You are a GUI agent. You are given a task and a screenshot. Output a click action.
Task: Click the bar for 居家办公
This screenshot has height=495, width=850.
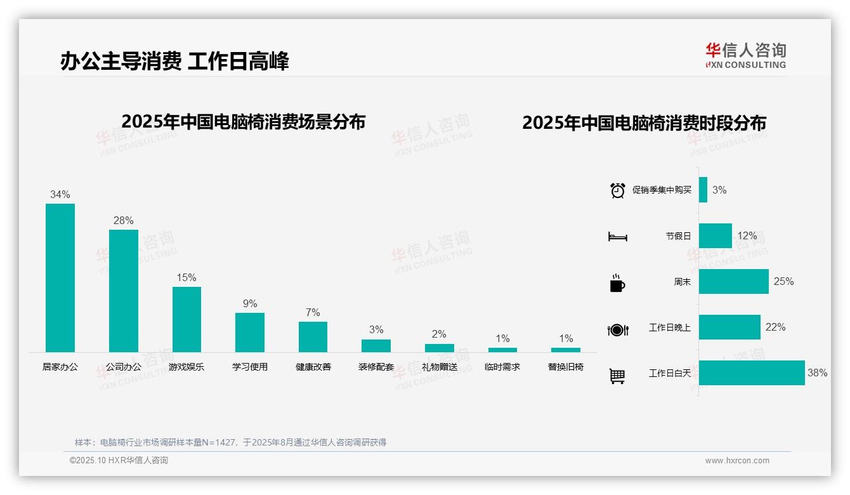pyautogui.click(x=60, y=278)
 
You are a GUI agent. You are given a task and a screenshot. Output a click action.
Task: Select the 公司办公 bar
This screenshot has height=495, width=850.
pyautogui.click(x=123, y=291)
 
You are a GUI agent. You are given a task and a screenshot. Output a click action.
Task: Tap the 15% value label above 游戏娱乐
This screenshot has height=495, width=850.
pyautogui.click(x=186, y=278)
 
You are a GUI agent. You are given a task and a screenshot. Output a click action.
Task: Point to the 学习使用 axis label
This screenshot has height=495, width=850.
pyautogui.click(x=250, y=367)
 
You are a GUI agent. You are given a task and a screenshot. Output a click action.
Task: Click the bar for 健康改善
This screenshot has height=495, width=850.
pyautogui.click(x=313, y=337)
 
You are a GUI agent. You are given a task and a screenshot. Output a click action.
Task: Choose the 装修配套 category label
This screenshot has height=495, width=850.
pyautogui.click(x=376, y=367)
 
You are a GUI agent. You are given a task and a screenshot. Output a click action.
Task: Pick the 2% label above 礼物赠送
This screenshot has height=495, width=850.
pyautogui.click(x=439, y=334)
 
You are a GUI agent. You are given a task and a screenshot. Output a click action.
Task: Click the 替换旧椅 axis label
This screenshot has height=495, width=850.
pyautogui.click(x=566, y=367)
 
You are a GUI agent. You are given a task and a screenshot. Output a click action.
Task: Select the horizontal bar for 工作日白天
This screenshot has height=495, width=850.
pyautogui.click(x=752, y=373)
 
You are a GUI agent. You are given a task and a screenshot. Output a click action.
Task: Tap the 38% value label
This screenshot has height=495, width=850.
pyautogui.click(x=817, y=373)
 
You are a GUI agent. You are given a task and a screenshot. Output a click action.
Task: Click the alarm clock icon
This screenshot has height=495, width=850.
pyautogui.click(x=617, y=190)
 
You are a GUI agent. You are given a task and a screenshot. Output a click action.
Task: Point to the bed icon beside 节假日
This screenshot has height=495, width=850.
pyautogui.click(x=617, y=237)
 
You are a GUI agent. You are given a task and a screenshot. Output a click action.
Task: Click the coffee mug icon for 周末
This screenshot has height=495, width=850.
pyautogui.click(x=617, y=283)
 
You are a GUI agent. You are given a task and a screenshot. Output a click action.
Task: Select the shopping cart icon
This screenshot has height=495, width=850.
pyautogui.click(x=617, y=376)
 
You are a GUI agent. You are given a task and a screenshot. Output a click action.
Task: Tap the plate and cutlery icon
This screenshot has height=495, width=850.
pyautogui.click(x=618, y=330)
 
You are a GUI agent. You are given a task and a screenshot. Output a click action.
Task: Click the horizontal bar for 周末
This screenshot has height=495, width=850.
pyautogui.click(x=734, y=282)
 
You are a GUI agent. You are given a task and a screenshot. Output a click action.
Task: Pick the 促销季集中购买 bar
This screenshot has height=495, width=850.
pyautogui.click(x=703, y=190)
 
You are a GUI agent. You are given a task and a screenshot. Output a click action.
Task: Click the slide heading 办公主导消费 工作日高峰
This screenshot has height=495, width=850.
pyautogui.click(x=174, y=62)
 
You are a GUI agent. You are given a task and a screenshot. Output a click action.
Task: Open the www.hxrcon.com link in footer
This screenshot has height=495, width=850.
pyautogui.click(x=737, y=461)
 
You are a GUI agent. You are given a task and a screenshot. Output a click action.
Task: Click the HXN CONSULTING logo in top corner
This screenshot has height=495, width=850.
pyautogui.click(x=745, y=56)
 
